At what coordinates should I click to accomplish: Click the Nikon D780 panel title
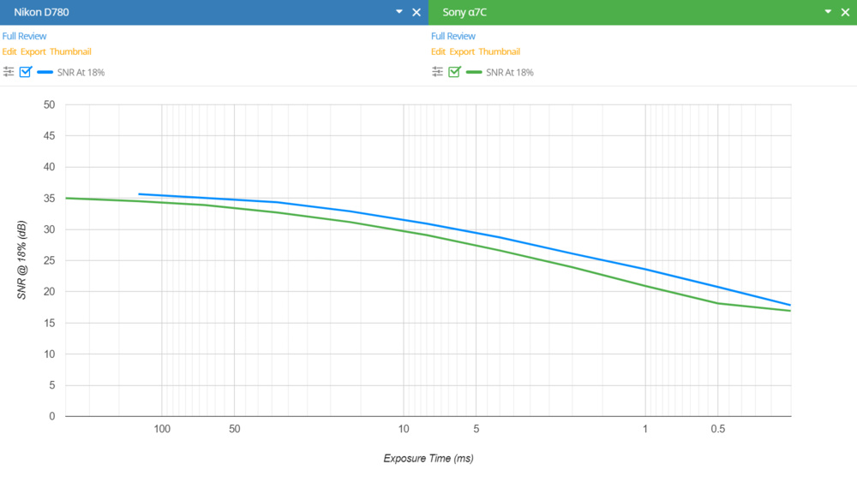[42, 12]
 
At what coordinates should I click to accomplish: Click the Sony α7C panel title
[465, 12]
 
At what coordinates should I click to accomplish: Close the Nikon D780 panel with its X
[417, 12]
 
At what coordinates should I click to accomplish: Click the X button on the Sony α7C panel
[845, 12]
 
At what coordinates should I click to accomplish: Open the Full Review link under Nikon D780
[24, 36]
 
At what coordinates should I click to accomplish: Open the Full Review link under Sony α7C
[453, 36]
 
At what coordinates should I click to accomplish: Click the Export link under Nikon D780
[33, 51]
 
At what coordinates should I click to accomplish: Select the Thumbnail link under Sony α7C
[499, 51]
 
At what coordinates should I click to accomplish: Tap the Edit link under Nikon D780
[9, 51]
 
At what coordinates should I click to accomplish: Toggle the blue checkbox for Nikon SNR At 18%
[25, 72]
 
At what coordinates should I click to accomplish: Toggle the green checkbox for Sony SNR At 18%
[454, 72]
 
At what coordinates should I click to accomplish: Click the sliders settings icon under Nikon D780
[9, 72]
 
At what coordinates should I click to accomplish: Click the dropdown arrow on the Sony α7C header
[828, 12]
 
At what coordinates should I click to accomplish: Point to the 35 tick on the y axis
[50, 199]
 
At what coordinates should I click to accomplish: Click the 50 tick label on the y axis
[50, 104]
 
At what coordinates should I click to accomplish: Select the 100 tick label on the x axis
[162, 429]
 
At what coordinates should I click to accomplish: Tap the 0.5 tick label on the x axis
[717, 429]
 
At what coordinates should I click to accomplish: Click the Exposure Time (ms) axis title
[428, 458]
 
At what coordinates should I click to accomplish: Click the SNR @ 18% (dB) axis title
[22, 260]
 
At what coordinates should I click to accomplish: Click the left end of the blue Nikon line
[140, 194]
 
